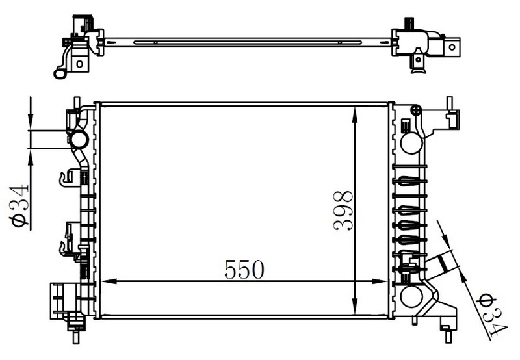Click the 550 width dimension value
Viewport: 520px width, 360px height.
coord(244,269)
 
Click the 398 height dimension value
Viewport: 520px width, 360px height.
coord(343,210)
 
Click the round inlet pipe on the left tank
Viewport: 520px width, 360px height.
coord(79,140)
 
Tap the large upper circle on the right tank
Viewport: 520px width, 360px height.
coord(411,143)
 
